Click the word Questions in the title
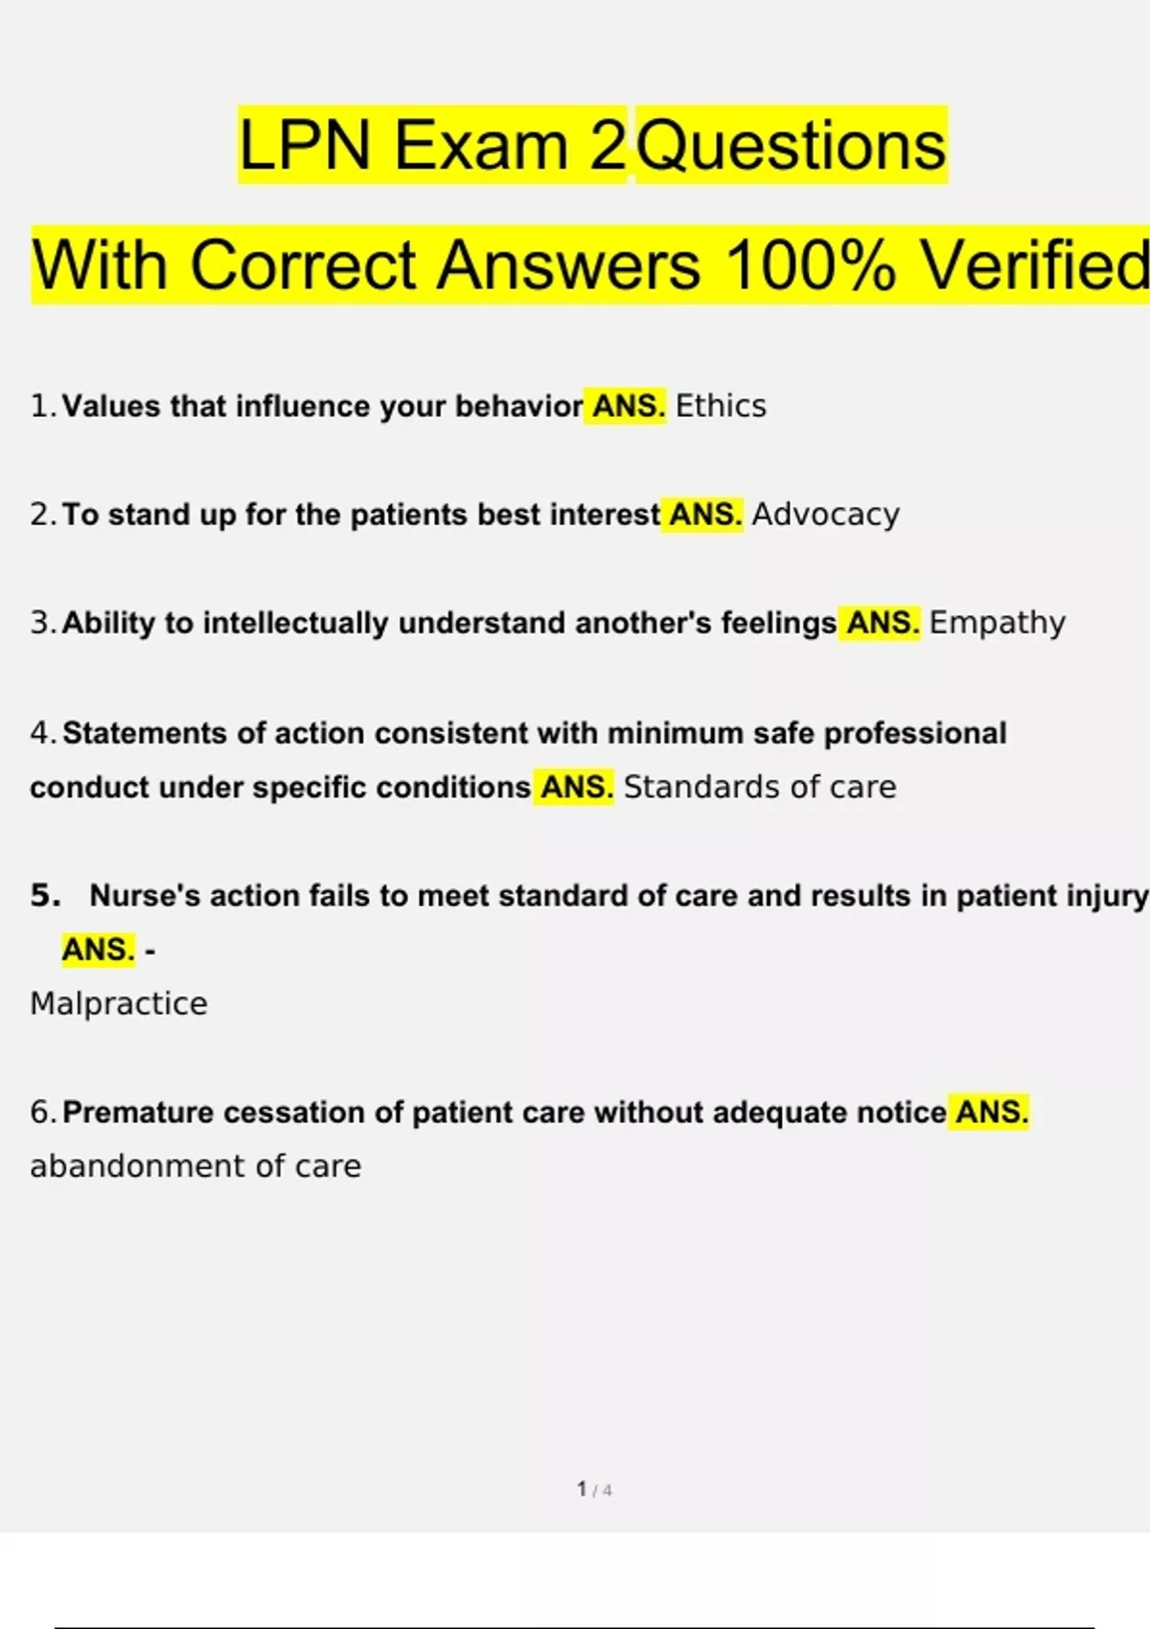point(791,146)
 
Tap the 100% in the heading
point(811,264)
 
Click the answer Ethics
point(721,405)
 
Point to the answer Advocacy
point(825,515)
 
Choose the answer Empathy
point(998,623)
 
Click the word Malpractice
point(119,1003)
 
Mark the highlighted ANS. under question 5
point(98,949)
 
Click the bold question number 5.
point(45,895)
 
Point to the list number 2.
point(42,515)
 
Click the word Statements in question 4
point(145,733)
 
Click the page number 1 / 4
point(594,1489)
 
